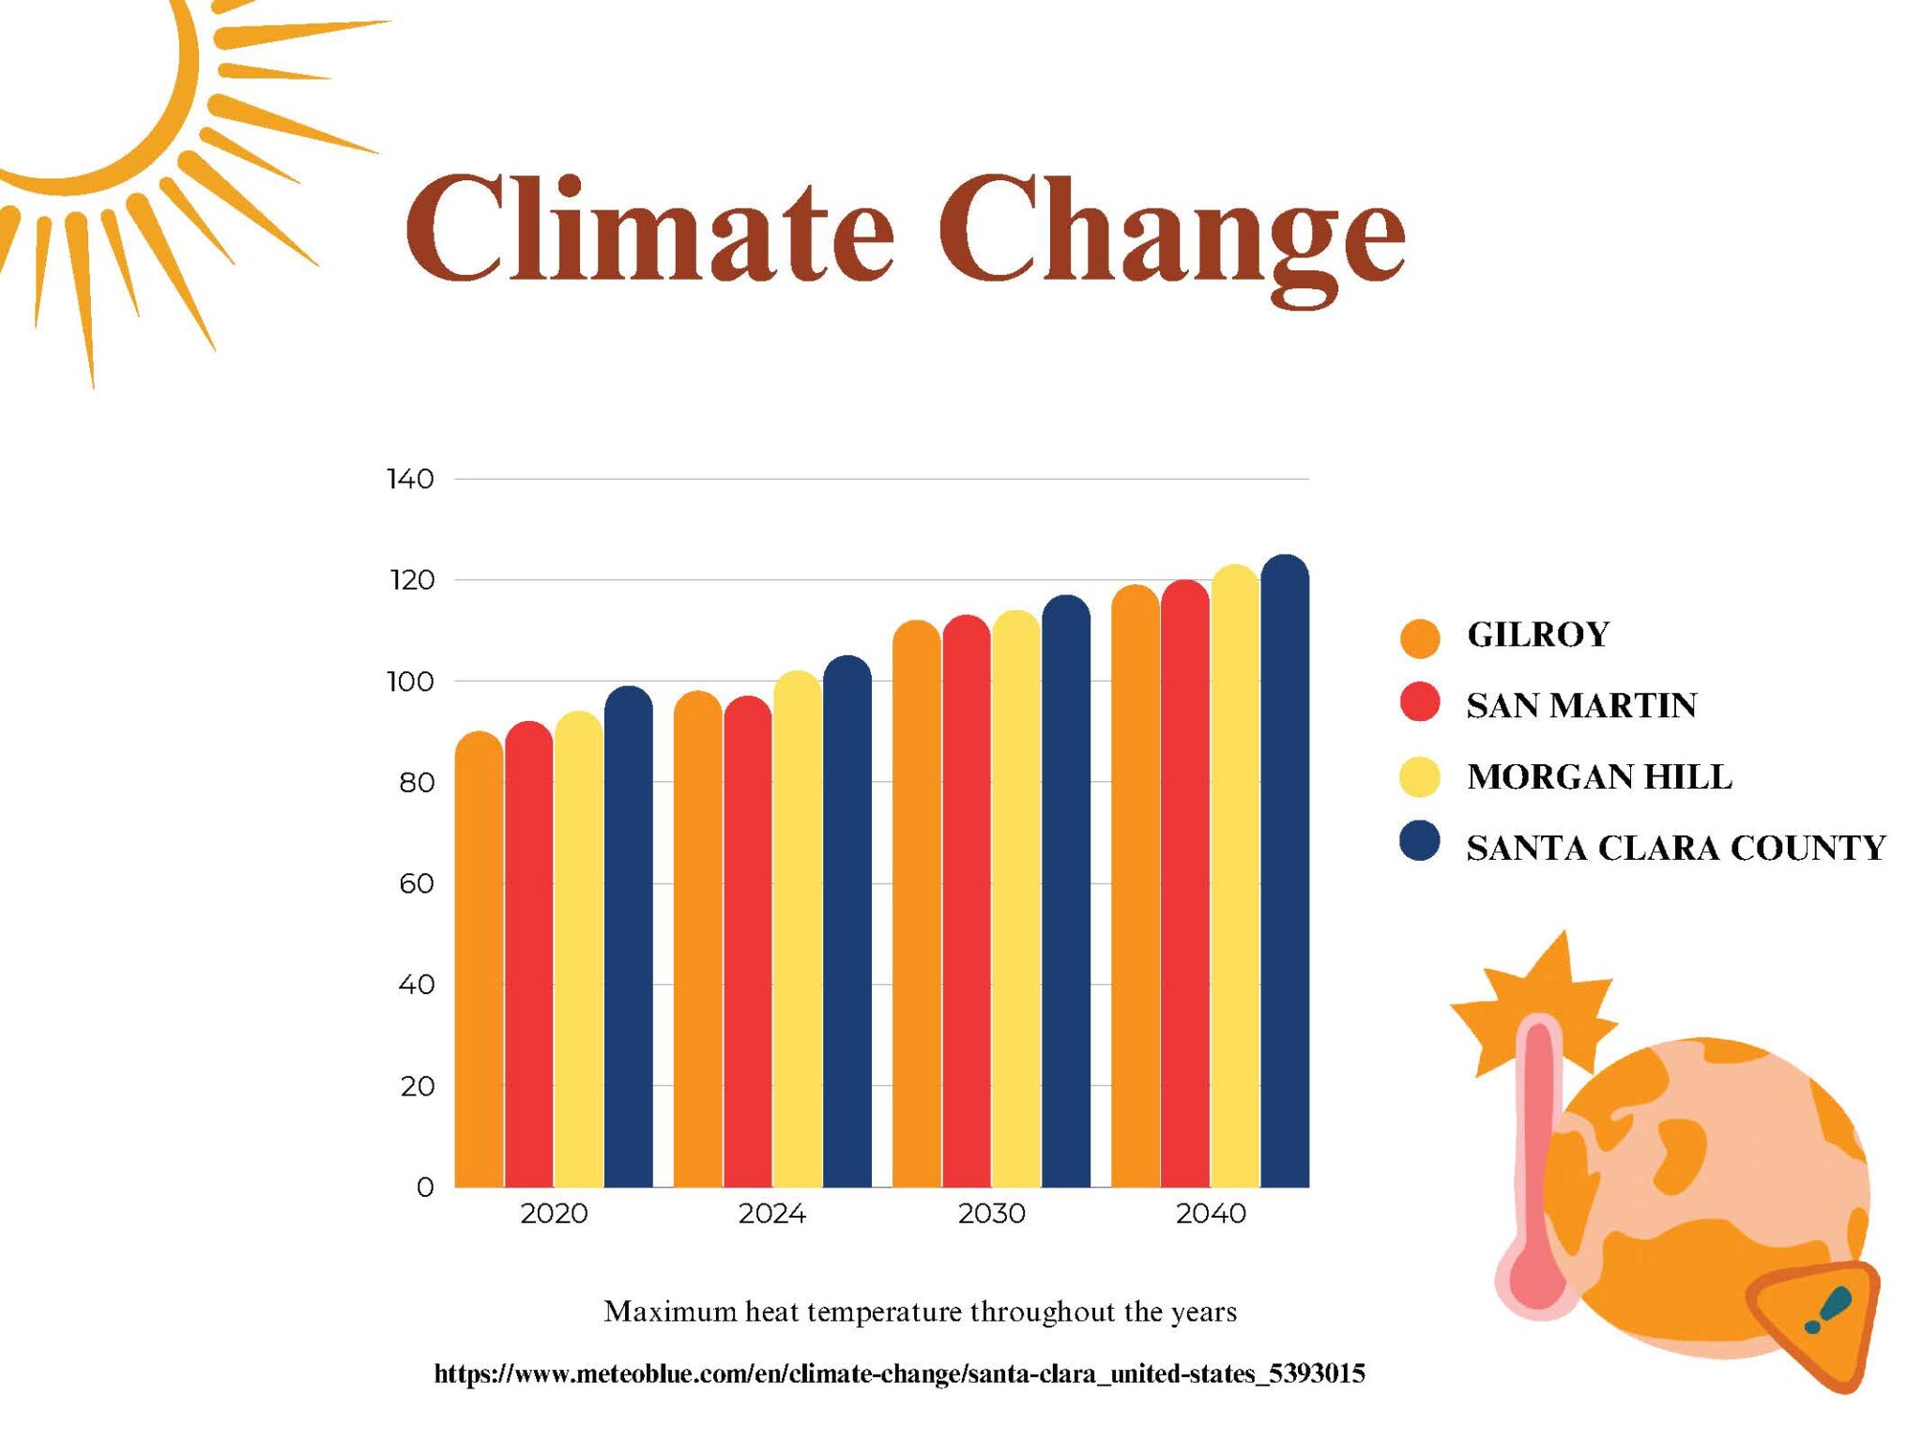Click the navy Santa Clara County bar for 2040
(x=1285, y=873)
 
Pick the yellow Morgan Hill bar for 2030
(x=1015, y=901)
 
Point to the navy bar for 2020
(x=628, y=939)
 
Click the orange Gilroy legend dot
(x=1419, y=637)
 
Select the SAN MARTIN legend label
(x=1581, y=706)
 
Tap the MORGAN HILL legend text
(x=1598, y=777)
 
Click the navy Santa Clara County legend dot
(x=1419, y=841)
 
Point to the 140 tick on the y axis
(x=410, y=480)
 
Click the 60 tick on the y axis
(x=416, y=883)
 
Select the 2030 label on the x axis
(x=991, y=1214)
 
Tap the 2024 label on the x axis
(x=771, y=1214)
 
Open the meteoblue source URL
(x=899, y=1374)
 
